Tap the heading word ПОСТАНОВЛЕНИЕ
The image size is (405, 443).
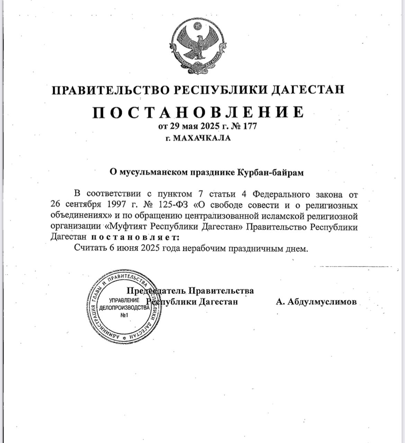[198, 112]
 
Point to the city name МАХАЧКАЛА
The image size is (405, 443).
[201, 138]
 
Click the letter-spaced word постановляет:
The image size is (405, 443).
[135, 238]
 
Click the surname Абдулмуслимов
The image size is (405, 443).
[316, 302]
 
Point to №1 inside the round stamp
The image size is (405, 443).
[124, 315]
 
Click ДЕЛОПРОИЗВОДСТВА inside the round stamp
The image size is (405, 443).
[124, 308]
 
